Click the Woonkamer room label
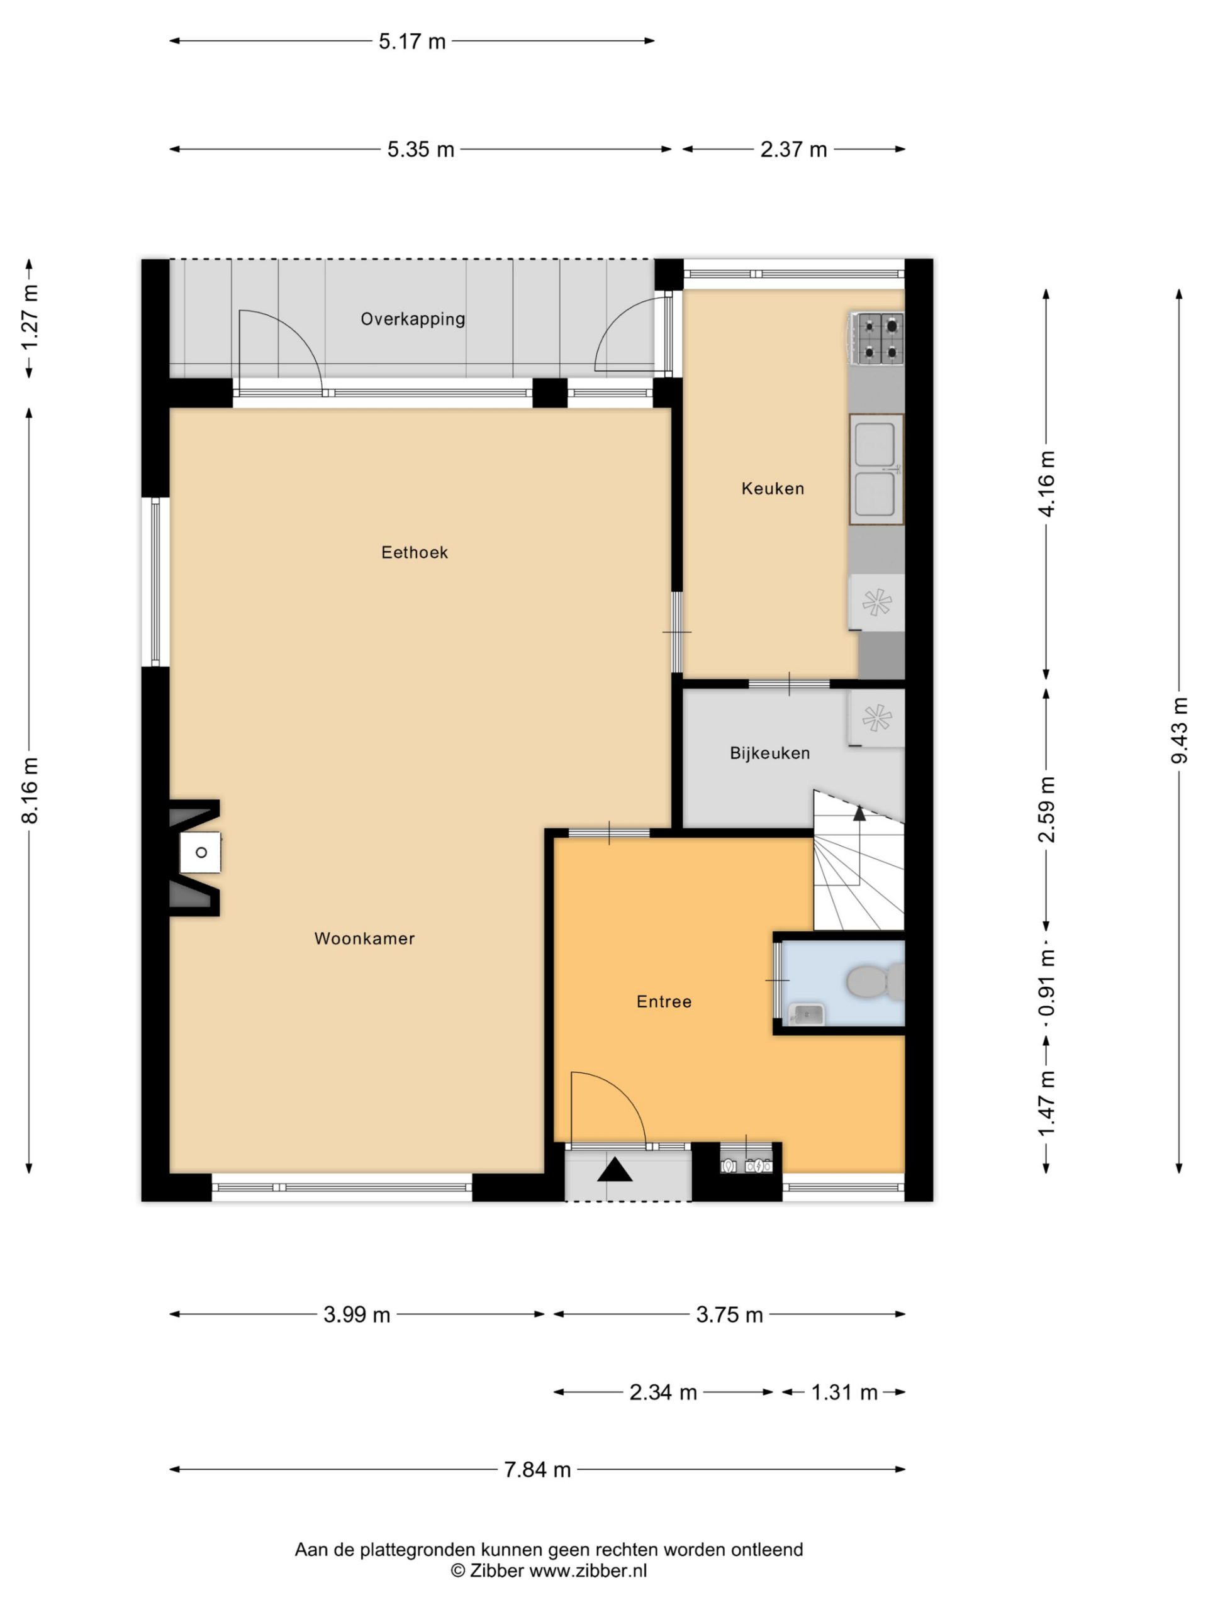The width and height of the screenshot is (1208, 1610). [x=364, y=938]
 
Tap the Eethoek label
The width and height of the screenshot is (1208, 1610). [x=415, y=552]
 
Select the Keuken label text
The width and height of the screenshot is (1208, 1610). [x=773, y=489]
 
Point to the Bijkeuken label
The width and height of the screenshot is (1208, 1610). [x=769, y=753]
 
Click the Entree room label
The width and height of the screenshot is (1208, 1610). [x=663, y=1001]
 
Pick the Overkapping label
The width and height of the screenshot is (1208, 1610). [x=412, y=319]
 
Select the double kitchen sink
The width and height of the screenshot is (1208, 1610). [x=876, y=469]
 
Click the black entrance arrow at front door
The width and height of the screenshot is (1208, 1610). [x=615, y=1170]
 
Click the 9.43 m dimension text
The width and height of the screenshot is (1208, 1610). [x=1179, y=730]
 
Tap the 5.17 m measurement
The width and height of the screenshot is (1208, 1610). [x=411, y=42]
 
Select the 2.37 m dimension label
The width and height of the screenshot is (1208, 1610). [x=793, y=149]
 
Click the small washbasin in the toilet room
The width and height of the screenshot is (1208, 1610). [x=806, y=1013]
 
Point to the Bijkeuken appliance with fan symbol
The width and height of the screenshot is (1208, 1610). [x=876, y=718]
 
